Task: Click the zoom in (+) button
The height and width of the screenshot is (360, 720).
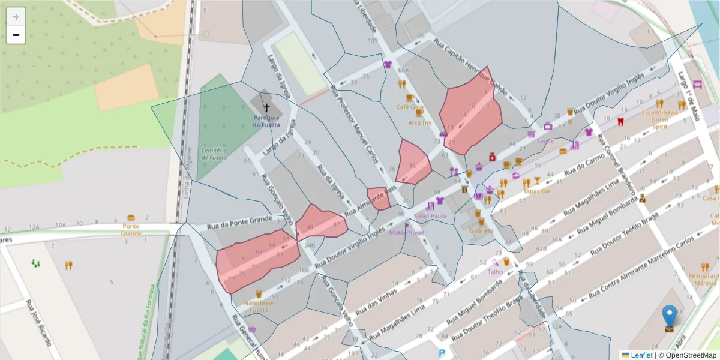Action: pyautogui.click(x=16, y=17)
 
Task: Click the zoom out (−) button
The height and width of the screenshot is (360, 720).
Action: pyautogui.click(x=16, y=35)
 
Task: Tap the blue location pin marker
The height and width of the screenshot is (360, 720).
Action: pyautogui.click(x=668, y=316)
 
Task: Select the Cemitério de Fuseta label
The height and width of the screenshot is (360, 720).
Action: pyautogui.click(x=214, y=154)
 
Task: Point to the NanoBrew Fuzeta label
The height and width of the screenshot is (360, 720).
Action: pyautogui.click(x=251, y=307)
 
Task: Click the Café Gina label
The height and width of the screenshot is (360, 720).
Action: pyautogui.click(x=410, y=107)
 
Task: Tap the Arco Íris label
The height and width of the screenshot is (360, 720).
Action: pyautogui.click(x=419, y=122)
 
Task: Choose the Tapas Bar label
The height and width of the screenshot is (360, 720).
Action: pyautogui.click(x=537, y=191)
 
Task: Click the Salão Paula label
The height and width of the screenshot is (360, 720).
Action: pyautogui.click(x=430, y=216)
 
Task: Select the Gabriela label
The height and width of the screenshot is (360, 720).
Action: pyautogui.click(x=481, y=230)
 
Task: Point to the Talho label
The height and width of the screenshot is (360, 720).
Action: pyautogui.click(x=495, y=271)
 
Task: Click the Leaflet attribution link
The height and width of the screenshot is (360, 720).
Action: pyautogui.click(x=641, y=355)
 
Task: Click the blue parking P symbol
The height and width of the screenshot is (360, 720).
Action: pyautogui.click(x=442, y=354)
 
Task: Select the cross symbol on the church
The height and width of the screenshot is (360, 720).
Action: pyautogui.click(x=267, y=107)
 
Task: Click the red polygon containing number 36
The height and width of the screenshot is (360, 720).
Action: pyautogui.click(x=413, y=162)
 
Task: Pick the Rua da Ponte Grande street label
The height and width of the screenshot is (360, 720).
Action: pyautogui.click(x=239, y=224)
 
